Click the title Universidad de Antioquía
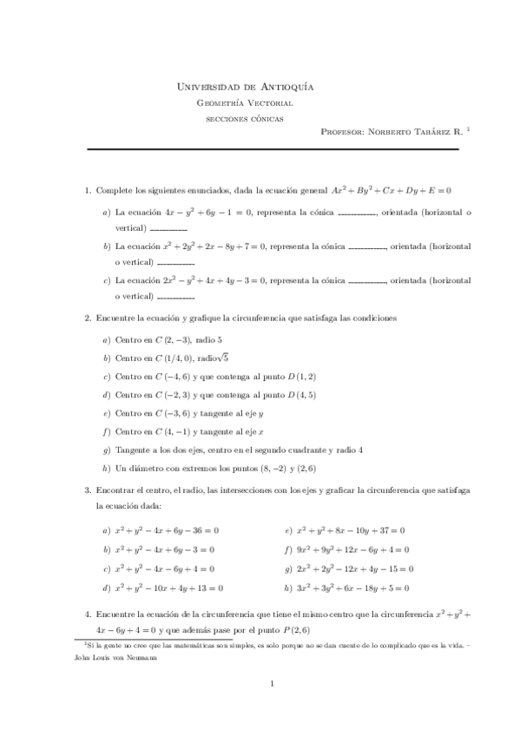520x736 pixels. [x=245, y=87]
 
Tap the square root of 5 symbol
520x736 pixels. [x=222, y=358]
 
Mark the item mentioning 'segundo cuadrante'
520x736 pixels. [x=239, y=450]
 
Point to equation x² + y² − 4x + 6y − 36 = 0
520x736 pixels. [x=167, y=530]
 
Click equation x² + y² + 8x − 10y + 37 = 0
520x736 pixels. [x=351, y=530]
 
